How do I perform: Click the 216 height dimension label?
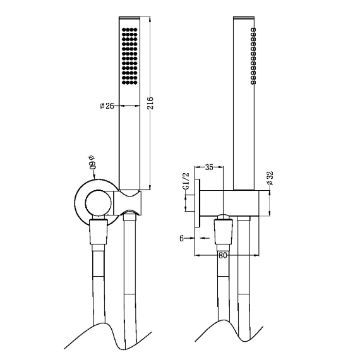click(x=150, y=103)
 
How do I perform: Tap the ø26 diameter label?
click(x=107, y=106)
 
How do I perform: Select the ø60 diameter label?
click(x=92, y=163)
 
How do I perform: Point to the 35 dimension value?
click(x=209, y=167)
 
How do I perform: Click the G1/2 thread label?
click(x=186, y=181)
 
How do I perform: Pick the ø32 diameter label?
click(x=270, y=178)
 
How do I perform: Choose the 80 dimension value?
click(x=223, y=255)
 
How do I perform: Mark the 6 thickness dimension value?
click(x=182, y=238)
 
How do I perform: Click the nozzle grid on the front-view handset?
click(x=129, y=56)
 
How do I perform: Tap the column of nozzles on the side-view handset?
click(x=253, y=56)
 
